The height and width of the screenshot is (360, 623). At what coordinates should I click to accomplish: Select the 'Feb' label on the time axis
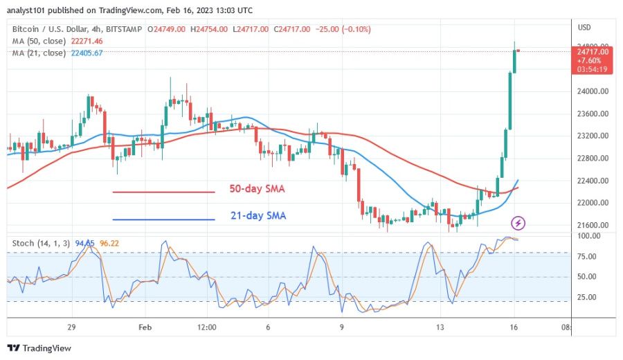[144, 327]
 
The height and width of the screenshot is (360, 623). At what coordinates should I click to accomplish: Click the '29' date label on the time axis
[71, 327]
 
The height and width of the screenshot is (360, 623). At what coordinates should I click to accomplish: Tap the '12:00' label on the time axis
[206, 327]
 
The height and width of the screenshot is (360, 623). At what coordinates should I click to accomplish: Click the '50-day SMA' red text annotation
[258, 189]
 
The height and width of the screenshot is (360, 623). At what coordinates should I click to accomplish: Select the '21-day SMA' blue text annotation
[258, 216]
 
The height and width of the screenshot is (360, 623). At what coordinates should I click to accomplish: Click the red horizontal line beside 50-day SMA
[163, 192]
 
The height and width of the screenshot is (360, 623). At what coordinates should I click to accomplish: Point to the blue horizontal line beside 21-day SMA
[163, 219]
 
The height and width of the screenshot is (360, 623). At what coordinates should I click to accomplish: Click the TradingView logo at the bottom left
[39, 348]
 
